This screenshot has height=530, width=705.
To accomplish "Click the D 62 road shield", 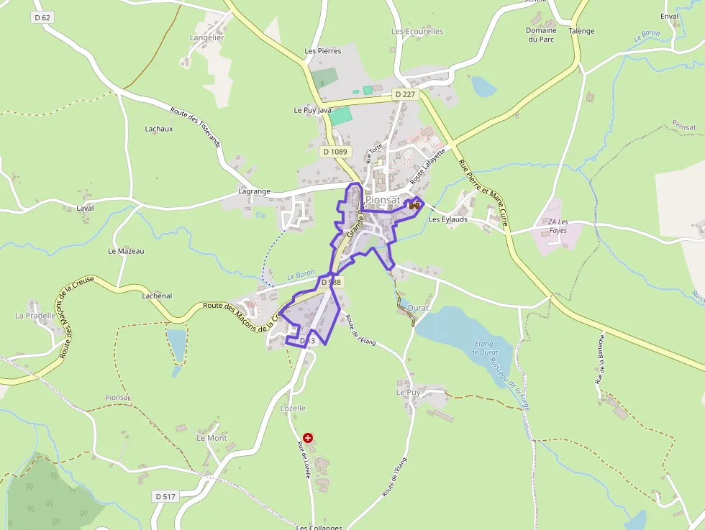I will tap(42, 17).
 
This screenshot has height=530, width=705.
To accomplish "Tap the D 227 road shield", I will tap(405, 94).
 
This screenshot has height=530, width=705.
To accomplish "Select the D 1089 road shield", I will tap(335, 152).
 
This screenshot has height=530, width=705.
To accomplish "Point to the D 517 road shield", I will tap(165, 496).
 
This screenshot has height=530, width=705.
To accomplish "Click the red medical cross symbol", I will tap(308, 437).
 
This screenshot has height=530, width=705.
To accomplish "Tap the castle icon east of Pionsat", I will tap(414, 206).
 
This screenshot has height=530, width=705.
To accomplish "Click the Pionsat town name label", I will tap(382, 200).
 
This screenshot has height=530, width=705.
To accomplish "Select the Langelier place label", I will tap(206, 37).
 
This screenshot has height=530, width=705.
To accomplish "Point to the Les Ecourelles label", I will tap(417, 32).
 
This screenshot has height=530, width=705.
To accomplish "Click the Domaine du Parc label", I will tap(541, 35).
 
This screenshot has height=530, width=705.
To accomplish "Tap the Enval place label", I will tap(669, 16).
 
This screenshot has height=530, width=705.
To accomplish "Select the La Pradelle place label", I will tap(35, 316).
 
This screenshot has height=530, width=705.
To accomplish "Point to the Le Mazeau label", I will tap(126, 251).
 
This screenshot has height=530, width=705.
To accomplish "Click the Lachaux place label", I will tap(159, 129).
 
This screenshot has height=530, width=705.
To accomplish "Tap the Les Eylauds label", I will tap(447, 219).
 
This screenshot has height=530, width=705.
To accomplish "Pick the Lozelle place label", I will tap(293, 408).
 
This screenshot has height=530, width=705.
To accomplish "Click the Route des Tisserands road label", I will tap(196, 127).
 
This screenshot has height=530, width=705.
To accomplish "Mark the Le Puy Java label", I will tap(312, 110).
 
